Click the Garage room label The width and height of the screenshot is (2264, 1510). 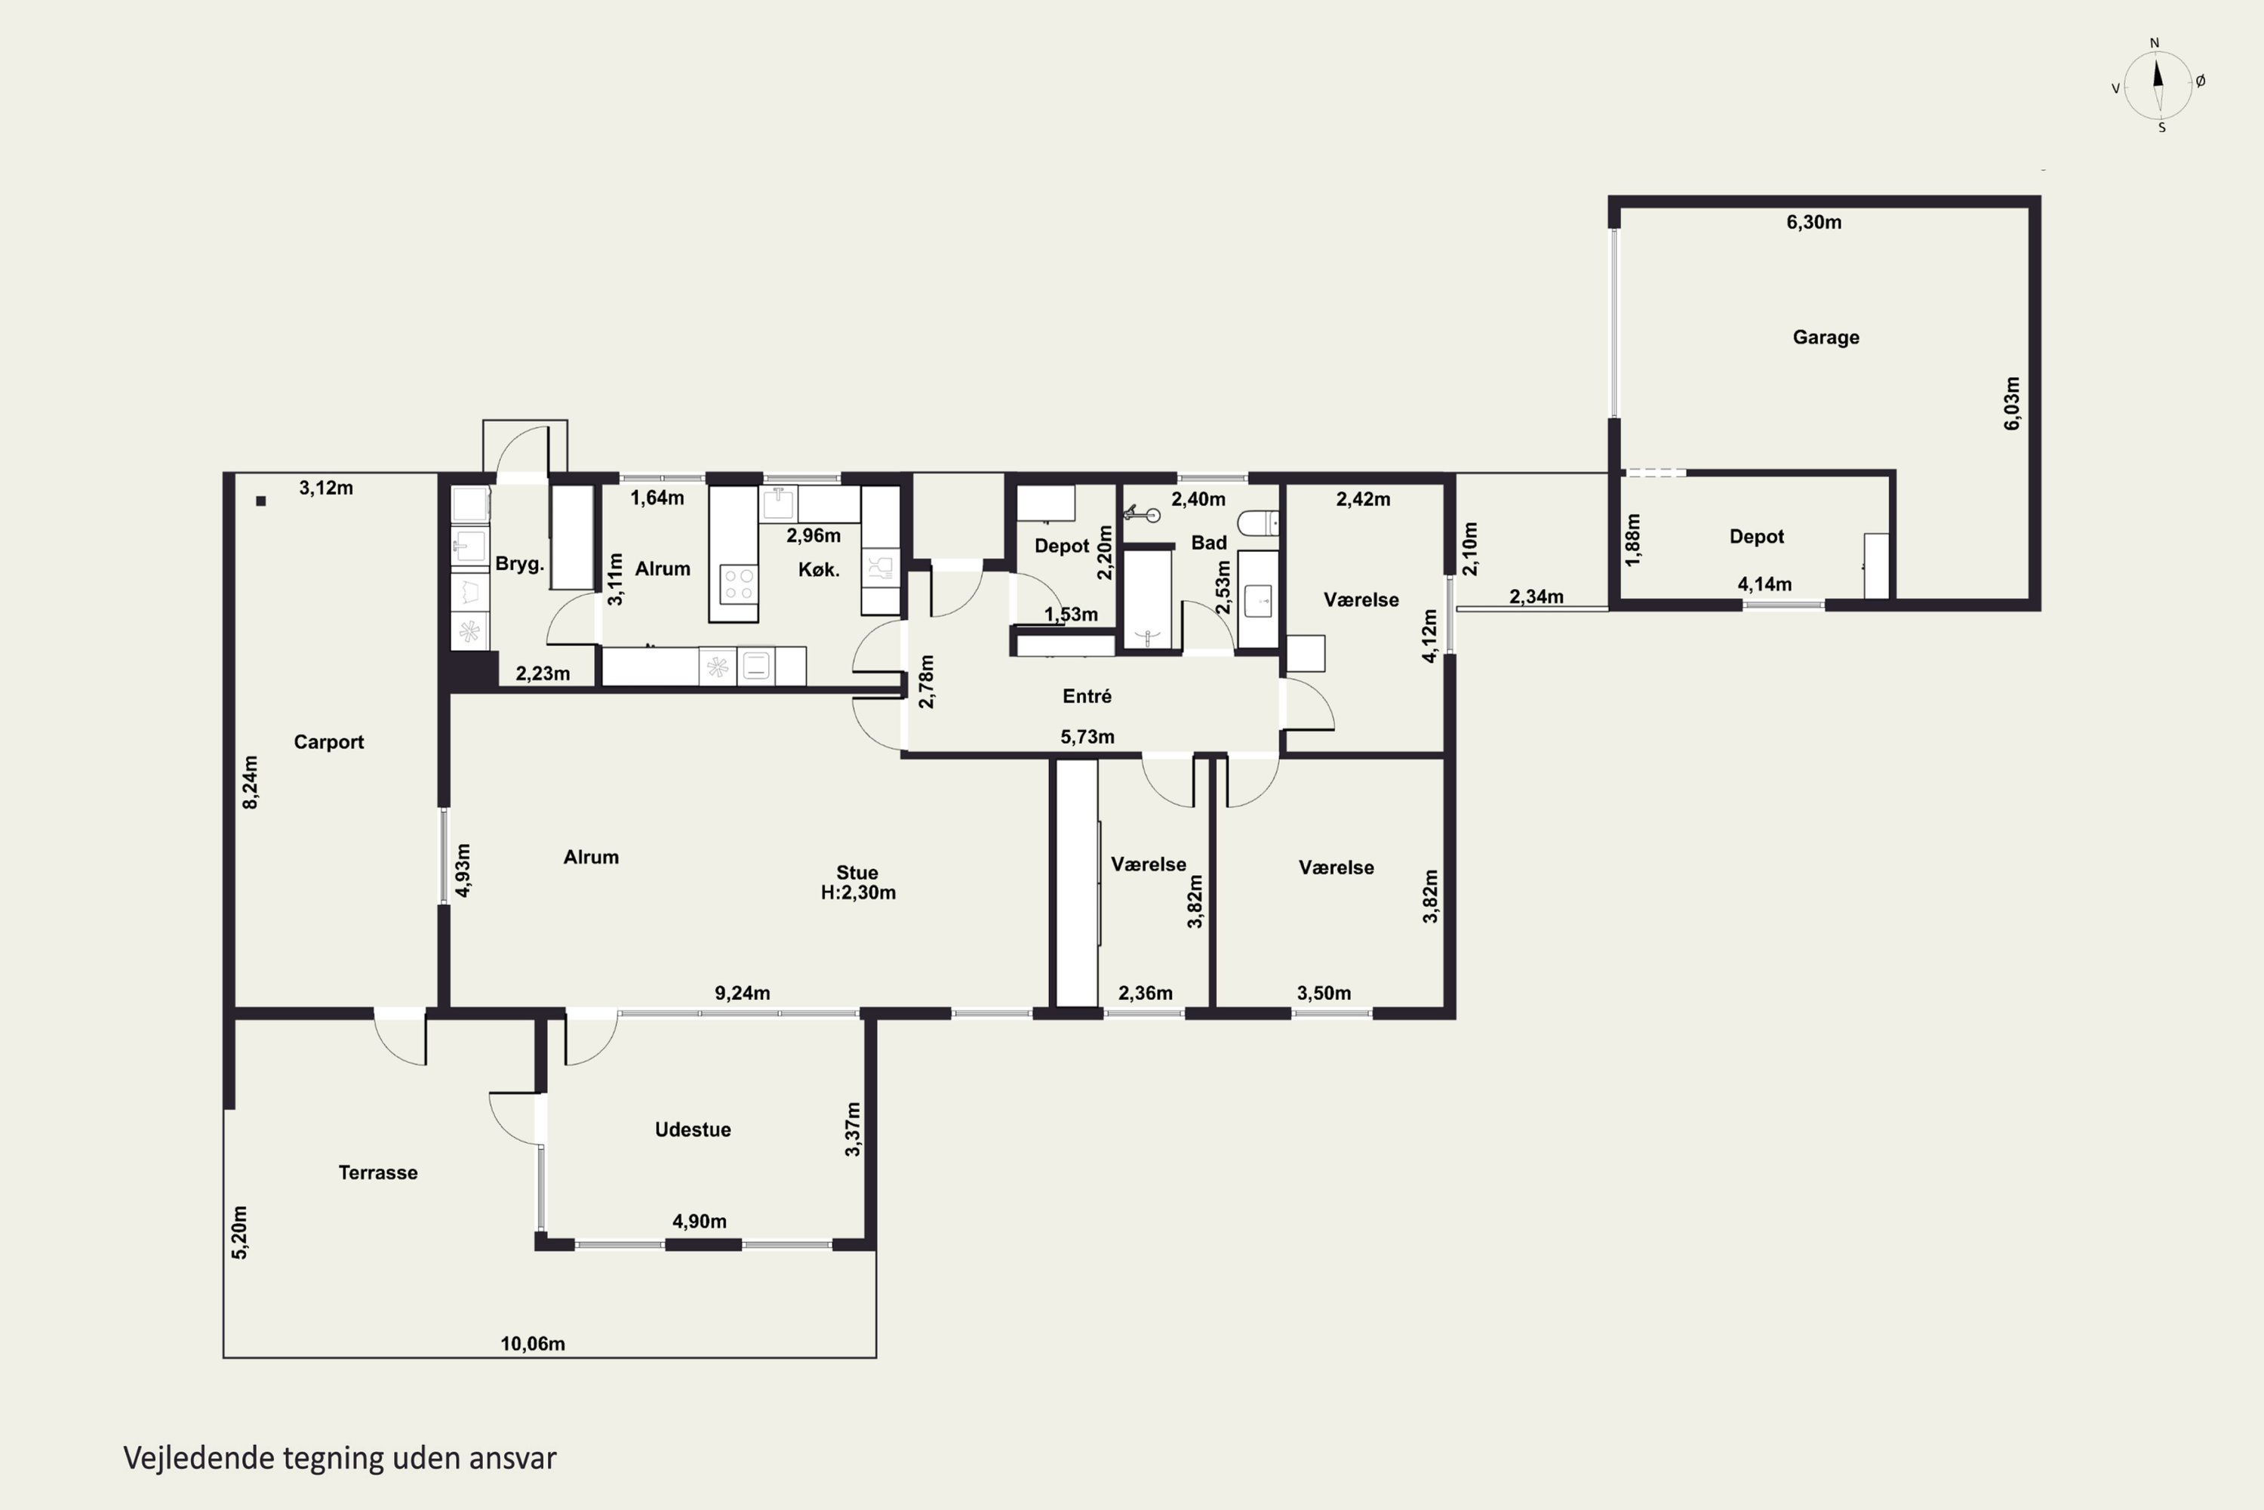coord(1825,337)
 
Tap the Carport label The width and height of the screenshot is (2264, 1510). coord(328,741)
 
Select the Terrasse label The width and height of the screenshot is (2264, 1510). coord(377,1172)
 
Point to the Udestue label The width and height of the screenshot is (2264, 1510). coord(692,1129)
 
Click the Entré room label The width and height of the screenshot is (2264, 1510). coord(1087,695)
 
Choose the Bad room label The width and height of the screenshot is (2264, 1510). coord(1208,542)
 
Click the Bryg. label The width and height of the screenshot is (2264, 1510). coord(519,564)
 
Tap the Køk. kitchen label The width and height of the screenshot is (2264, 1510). coord(818,569)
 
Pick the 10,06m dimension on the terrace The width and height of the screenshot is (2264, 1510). coord(532,1343)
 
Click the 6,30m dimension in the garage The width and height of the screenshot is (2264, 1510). coord(1813,223)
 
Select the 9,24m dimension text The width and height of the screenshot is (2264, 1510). coord(742,993)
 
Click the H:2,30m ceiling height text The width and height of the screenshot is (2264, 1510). coord(857,892)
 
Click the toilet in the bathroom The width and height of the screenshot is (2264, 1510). coord(1257,524)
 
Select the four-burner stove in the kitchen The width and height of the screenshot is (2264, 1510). coord(738,584)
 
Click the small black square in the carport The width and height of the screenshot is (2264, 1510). coord(261,501)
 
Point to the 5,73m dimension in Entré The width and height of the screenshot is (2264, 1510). coord(1087,737)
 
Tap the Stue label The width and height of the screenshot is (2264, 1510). coord(857,873)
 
